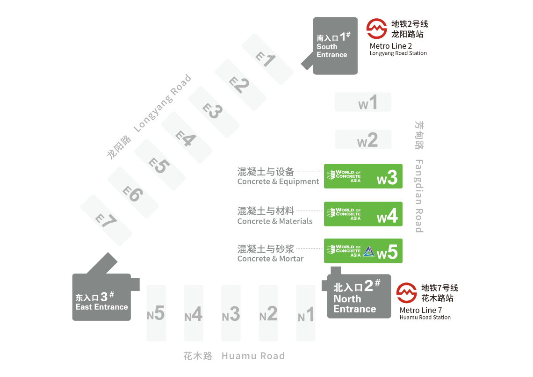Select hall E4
[x=187, y=138]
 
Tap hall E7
[x=106, y=219]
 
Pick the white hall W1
[x=362, y=102]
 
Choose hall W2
[x=362, y=139]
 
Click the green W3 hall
[x=363, y=176]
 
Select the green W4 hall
[x=363, y=214]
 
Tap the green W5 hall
[x=363, y=251]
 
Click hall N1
[x=306, y=313]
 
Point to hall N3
[x=231, y=313]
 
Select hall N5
[x=156, y=313]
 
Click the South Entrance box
[x=335, y=46]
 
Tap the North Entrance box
[x=359, y=297]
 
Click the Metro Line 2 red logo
[x=376, y=29]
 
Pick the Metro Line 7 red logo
[x=406, y=293]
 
